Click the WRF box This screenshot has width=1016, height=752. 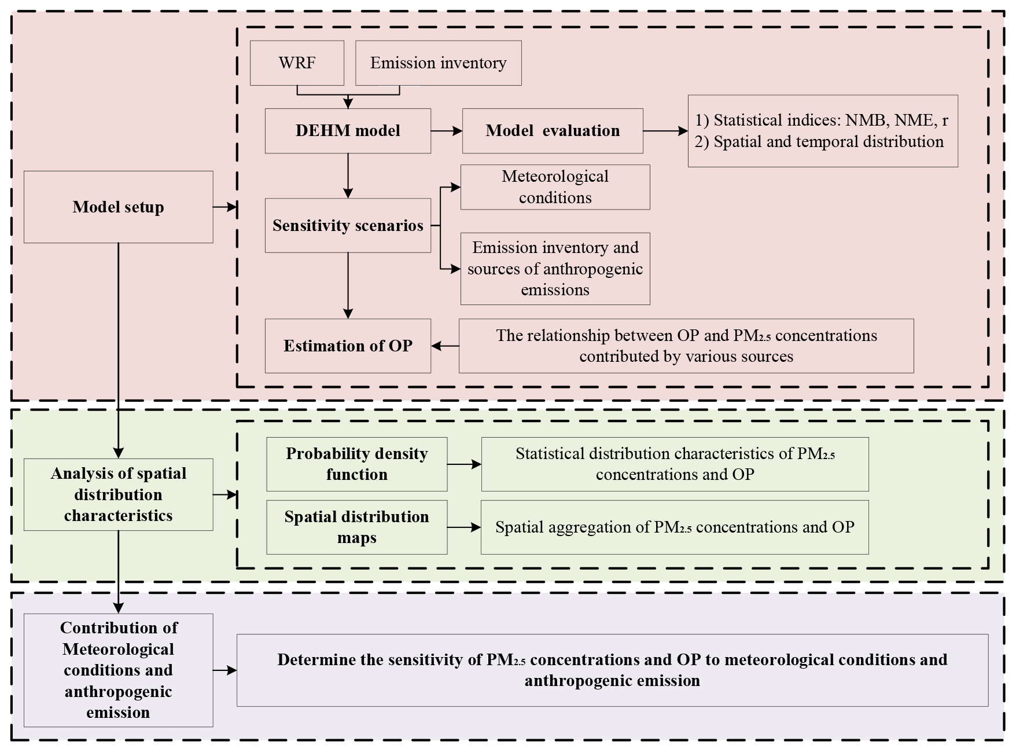pyautogui.click(x=297, y=63)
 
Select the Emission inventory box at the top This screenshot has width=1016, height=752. pyautogui.click(x=438, y=63)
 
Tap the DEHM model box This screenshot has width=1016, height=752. pyautogui.click(x=348, y=131)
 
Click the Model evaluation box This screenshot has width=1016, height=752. pyautogui.click(x=553, y=131)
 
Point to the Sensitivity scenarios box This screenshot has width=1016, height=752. pyautogui.click(x=348, y=225)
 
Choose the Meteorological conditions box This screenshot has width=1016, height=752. pyautogui.click(x=555, y=187)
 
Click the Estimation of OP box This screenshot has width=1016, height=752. pyautogui.click(x=348, y=346)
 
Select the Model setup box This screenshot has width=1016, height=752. pyautogui.click(x=118, y=207)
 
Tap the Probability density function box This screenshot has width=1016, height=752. pyautogui.click(x=356, y=464)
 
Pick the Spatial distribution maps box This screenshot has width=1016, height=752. pyautogui.click(x=356, y=527)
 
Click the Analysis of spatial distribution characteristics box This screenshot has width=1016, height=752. pyautogui.click(x=118, y=494)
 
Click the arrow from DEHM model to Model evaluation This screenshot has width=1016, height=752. pyautogui.click(x=447, y=131)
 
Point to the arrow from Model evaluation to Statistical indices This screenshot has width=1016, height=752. pyautogui.click(x=665, y=131)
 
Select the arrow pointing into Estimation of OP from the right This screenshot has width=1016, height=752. pyautogui.click(x=445, y=346)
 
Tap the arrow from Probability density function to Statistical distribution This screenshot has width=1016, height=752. pyautogui.click(x=464, y=464)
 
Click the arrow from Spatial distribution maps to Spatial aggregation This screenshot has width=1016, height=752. pyautogui.click(x=464, y=527)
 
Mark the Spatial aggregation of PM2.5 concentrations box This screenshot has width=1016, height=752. pyautogui.click(x=675, y=527)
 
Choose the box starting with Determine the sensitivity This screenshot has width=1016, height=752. pyautogui.click(x=612, y=670)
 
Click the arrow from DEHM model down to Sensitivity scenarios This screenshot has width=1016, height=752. pyautogui.click(x=348, y=176)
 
